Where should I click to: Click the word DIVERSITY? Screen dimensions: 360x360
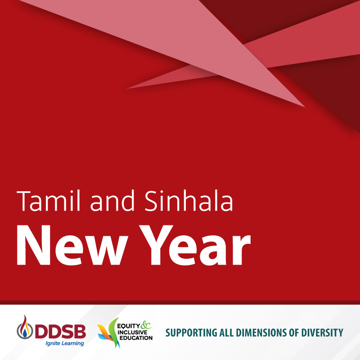click(x=322, y=333)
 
